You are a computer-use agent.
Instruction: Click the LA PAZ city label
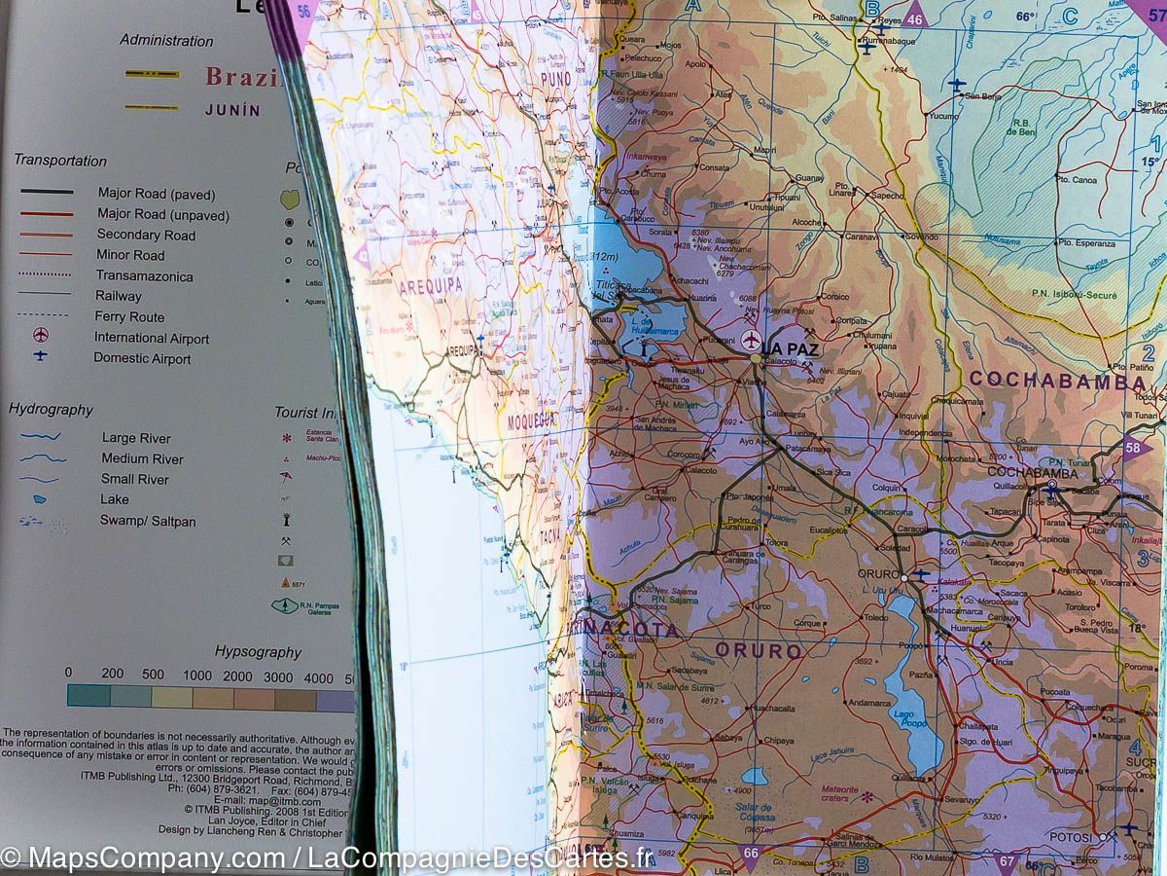[790, 347]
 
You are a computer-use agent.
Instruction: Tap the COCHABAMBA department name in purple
[1056, 382]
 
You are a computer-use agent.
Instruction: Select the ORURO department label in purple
[759, 650]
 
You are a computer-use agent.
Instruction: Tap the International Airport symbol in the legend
[41, 336]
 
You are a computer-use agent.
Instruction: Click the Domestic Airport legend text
[142, 358]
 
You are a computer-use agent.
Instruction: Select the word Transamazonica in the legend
[144, 276]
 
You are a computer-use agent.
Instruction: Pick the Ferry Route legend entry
[129, 317]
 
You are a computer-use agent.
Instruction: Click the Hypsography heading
[258, 652]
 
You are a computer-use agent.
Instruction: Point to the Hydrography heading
[51, 410]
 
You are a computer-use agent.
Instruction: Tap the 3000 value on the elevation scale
[278, 675]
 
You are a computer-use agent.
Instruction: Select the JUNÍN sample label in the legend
[232, 110]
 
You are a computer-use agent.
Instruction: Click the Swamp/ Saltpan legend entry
[147, 521]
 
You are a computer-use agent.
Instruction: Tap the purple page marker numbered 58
[1133, 448]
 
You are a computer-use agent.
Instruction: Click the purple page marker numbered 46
[914, 18]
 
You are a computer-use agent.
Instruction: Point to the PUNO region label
[555, 79]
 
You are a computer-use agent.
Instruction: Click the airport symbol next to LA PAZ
[750, 341]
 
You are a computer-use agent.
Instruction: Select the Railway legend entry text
[118, 296]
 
